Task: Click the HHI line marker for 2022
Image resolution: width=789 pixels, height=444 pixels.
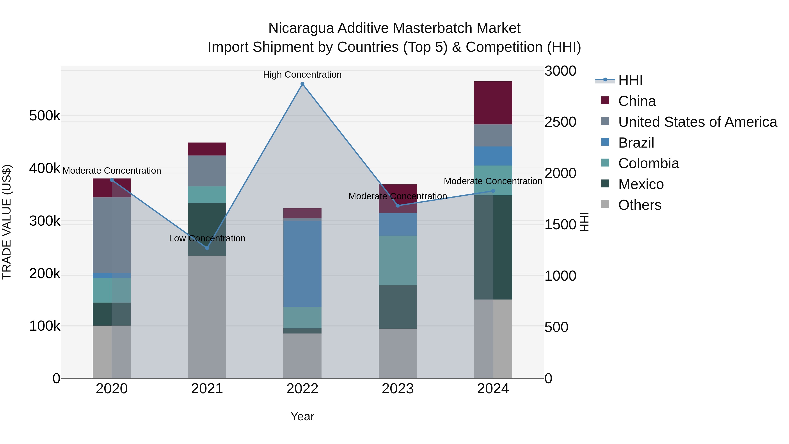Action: [x=302, y=84]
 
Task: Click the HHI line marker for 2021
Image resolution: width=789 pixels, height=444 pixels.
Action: [x=207, y=248]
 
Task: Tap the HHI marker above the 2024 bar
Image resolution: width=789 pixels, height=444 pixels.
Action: [x=493, y=191]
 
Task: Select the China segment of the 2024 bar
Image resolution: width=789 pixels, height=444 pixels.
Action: [x=493, y=103]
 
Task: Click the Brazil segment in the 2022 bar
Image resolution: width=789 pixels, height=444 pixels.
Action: [x=302, y=264]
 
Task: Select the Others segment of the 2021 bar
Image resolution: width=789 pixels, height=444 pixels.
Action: [x=207, y=317]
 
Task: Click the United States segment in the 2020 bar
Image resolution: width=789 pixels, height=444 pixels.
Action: [x=112, y=235]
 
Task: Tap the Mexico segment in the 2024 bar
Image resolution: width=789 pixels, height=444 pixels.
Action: [x=493, y=247]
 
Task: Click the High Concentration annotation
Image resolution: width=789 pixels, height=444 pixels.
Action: [x=302, y=75]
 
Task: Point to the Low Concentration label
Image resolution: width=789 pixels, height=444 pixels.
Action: [x=207, y=238]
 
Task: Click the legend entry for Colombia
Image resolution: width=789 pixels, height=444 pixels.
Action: [x=649, y=163]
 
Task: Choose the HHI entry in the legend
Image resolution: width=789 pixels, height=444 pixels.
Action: [x=630, y=80]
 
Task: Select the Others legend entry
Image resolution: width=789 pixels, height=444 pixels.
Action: [x=640, y=205]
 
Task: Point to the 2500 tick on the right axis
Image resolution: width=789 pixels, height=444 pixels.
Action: [x=560, y=122]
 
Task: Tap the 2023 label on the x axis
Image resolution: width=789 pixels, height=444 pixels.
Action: [x=398, y=389]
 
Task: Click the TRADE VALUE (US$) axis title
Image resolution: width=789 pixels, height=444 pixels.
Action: [x=7, y=222]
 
